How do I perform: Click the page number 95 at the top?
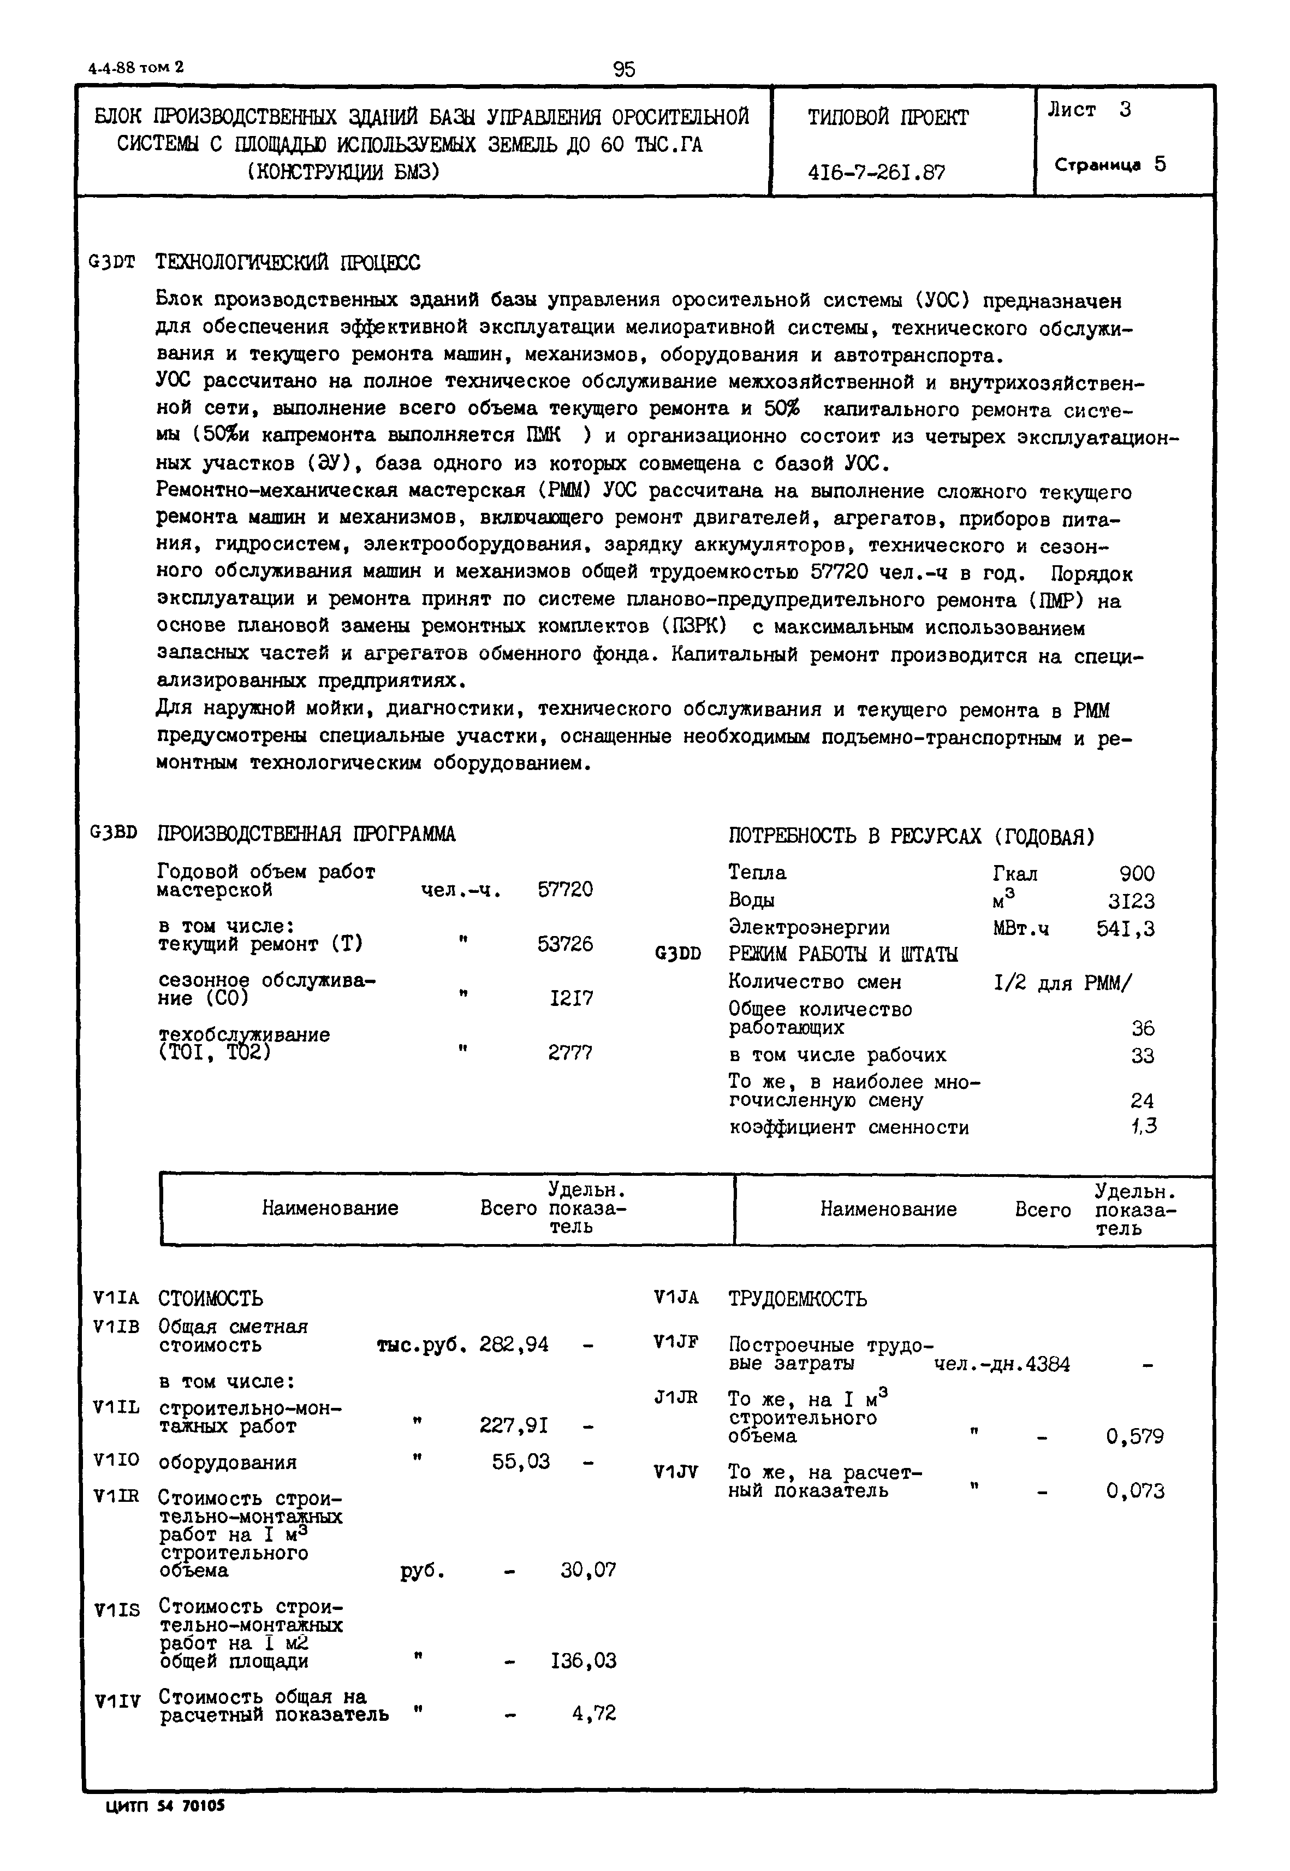(x=624, y=69)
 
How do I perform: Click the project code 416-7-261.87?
(x=876, y=172)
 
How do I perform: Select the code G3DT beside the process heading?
(x=112, y=263)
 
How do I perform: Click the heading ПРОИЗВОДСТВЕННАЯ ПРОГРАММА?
(x=306, y=833)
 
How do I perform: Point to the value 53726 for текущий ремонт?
(x=565, y=944)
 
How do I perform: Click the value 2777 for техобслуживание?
(x=570, y=1053)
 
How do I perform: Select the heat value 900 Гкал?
(x=1137, y=873)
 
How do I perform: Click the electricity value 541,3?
(x=1125, y=929)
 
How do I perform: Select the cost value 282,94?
(x=514, y=1344)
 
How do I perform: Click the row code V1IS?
(x=117, y=1611)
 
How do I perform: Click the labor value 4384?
(x=1046, y=1365)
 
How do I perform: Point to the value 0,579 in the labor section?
(x=1135, y=1437)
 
